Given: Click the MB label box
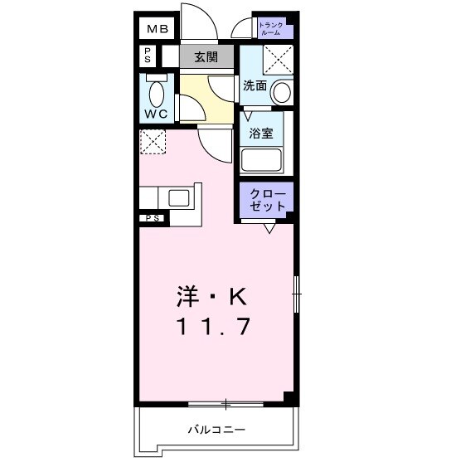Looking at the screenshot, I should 157,30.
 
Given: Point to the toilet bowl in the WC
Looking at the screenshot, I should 157,90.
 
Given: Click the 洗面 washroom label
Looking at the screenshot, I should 254,85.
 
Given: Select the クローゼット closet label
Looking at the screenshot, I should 268,198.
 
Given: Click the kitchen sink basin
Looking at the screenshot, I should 179,197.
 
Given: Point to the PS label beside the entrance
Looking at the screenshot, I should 148,56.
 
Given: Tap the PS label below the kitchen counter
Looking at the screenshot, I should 153,218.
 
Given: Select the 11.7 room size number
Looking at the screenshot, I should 211,327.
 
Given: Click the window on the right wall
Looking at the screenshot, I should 298,294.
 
